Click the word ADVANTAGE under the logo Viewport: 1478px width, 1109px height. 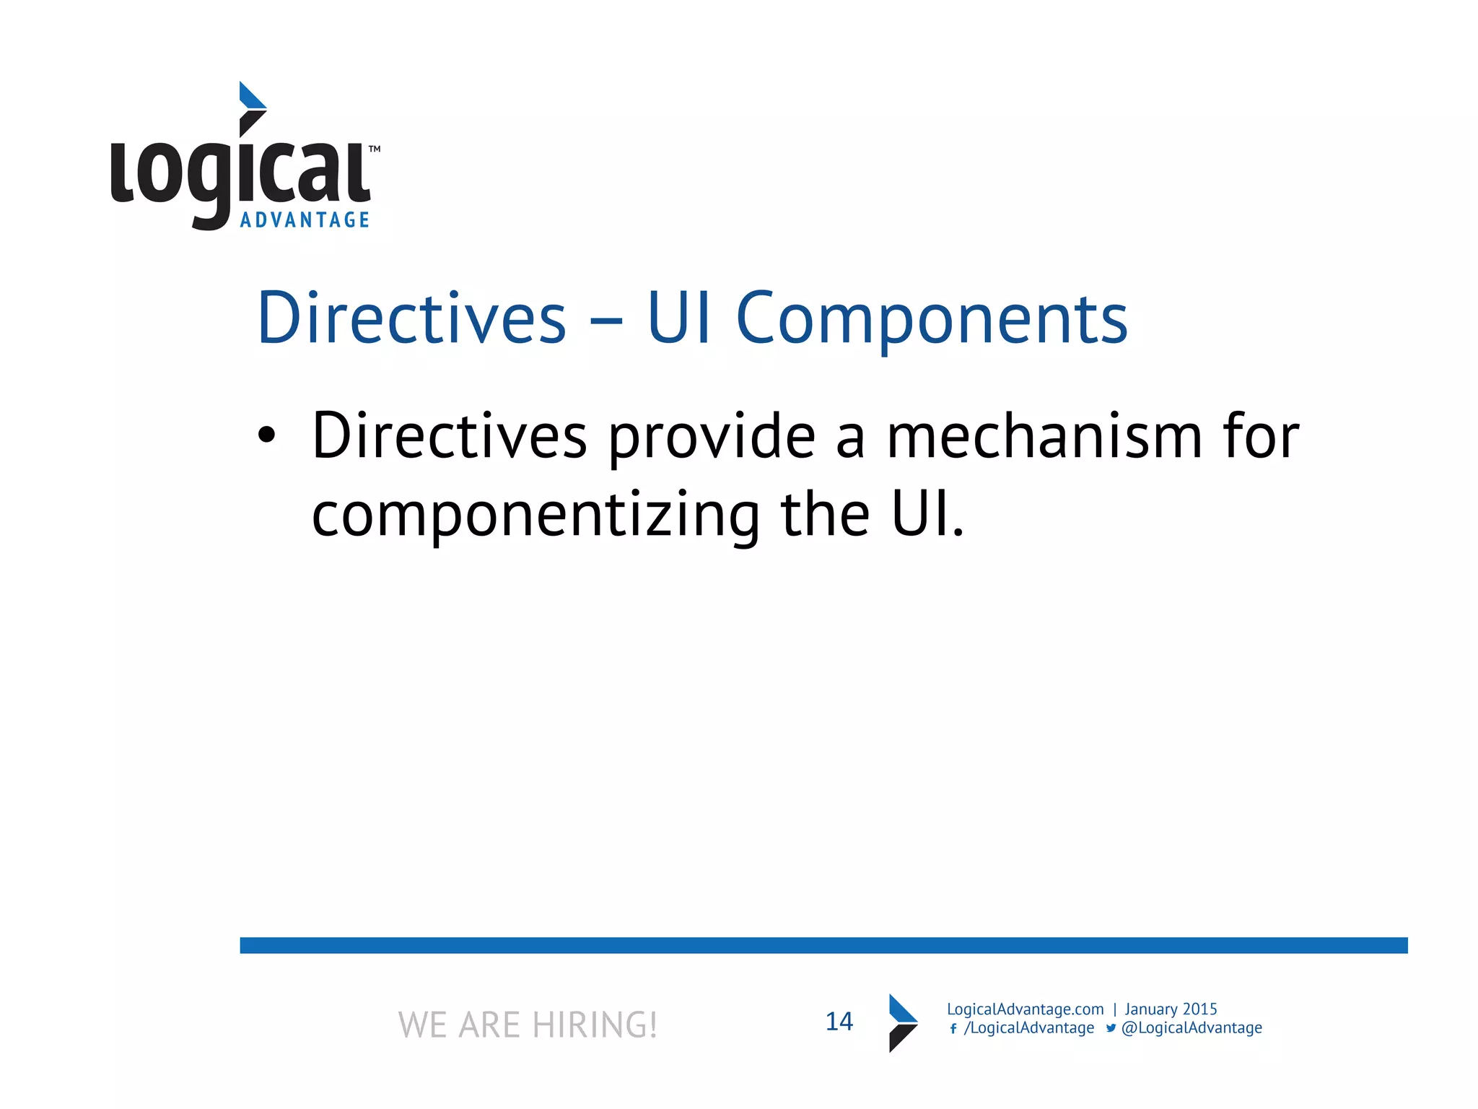[305, 219]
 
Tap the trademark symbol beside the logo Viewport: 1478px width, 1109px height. [375, 149]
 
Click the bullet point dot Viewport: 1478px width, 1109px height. [266, 435]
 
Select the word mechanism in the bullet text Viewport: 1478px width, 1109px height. [1044, 437]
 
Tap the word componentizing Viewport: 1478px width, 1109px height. [535, 516]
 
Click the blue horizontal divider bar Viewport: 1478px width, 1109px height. [823, 945]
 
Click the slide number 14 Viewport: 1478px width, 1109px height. [839, 1022]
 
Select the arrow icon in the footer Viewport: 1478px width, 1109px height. [902, 1022]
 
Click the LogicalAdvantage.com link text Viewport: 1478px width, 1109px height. [1025, 1009]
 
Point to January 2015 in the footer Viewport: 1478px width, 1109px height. [1171, 1009]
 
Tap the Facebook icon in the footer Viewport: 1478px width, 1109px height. [953, 1029]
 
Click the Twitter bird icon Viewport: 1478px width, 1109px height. [1111, 1028]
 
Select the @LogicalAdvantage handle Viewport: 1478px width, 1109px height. [1191, 1028]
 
